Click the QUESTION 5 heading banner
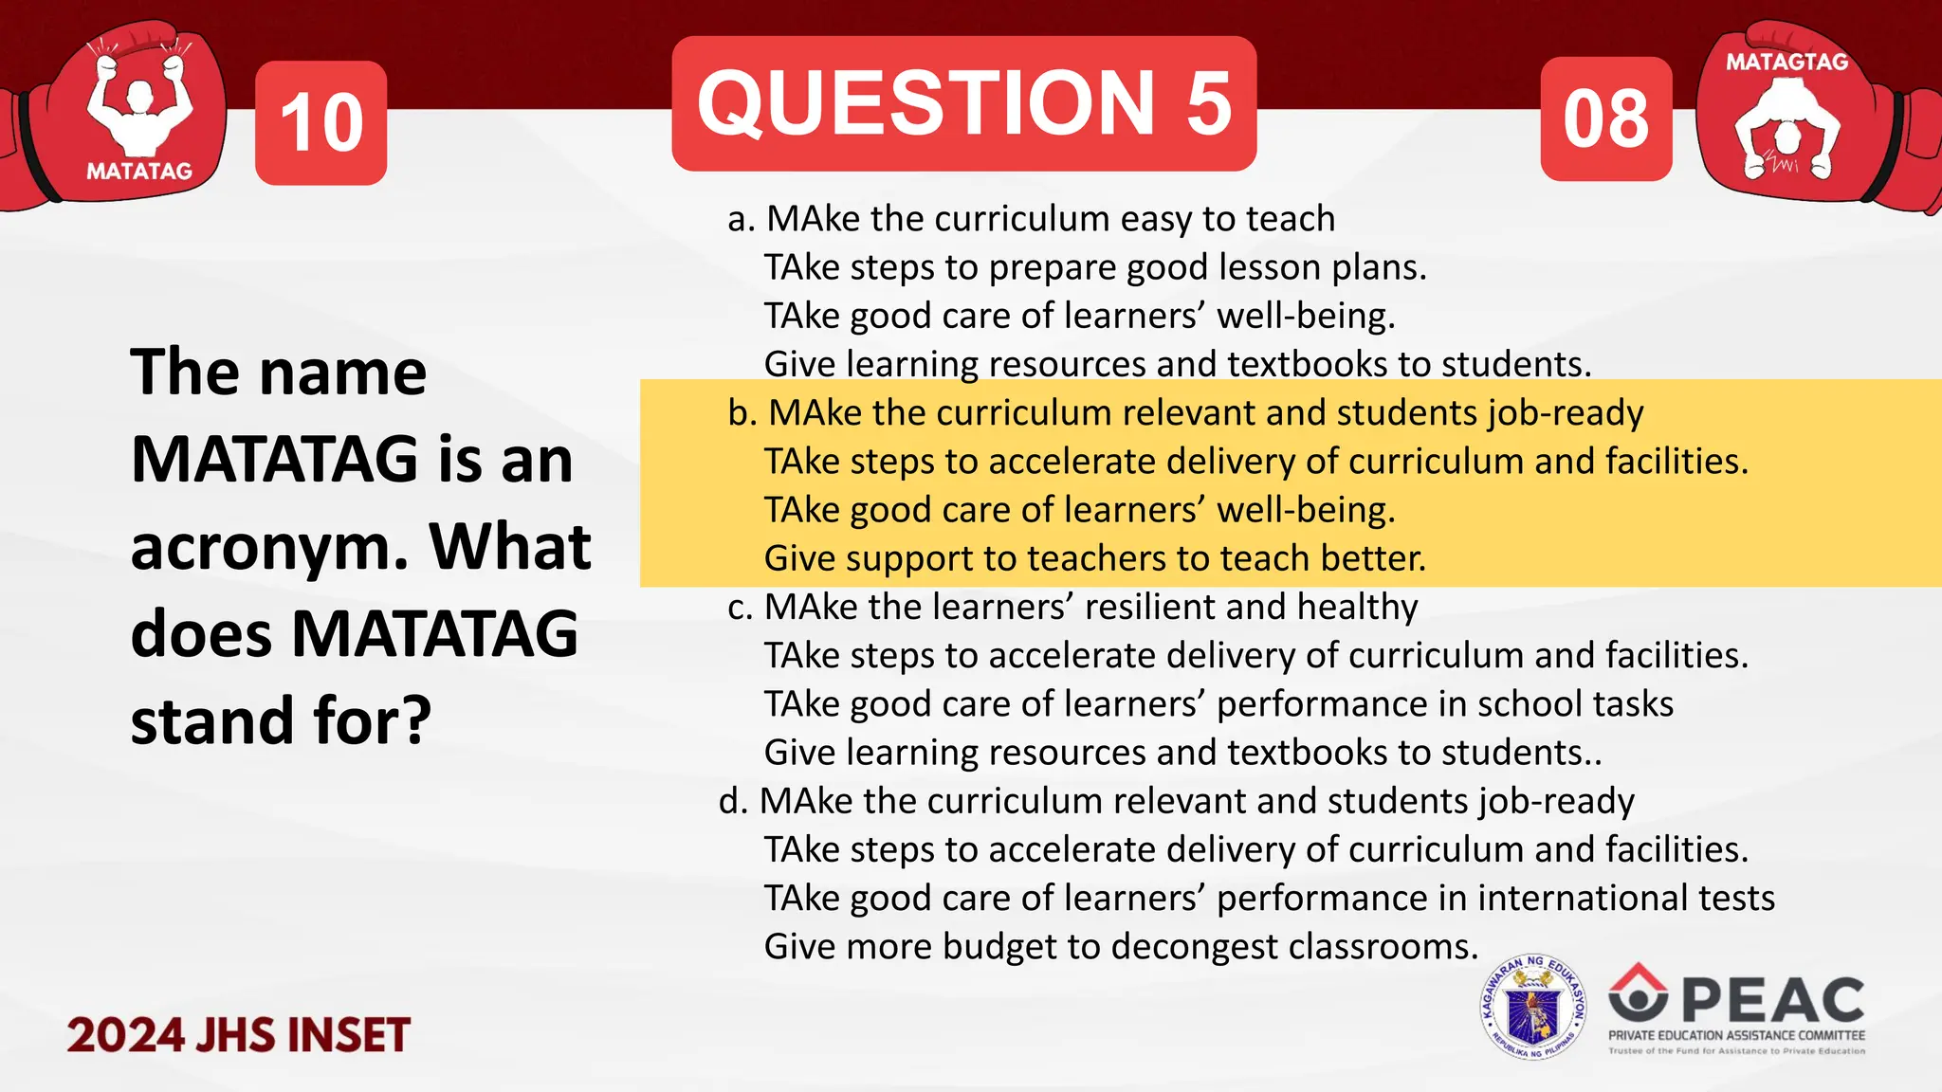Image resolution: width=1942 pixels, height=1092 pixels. [x=963, y=104]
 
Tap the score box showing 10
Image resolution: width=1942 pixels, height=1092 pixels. [x=321, y=123]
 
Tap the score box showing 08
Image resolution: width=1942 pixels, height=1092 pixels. [x=1606, y=119]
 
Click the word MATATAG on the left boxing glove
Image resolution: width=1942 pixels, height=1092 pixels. [x=139, y=172]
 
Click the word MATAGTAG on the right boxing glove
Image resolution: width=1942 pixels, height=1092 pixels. [x=1786, y=63]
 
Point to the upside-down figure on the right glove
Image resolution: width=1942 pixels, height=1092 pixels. [x=1786, y=128]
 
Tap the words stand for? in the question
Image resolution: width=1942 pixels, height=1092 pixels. [x=281, y=721]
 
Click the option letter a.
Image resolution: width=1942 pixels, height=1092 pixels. [x=740, y=220]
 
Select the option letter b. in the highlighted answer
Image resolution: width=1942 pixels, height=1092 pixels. [x=742, y=414]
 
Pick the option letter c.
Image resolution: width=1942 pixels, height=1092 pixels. [x=739, y=608]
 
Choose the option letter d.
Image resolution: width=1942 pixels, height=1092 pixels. [x=733, y=802]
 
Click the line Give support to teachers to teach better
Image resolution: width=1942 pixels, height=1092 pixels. [x=1094, y=558]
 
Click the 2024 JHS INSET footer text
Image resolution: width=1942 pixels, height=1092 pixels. [x=238, y=1035]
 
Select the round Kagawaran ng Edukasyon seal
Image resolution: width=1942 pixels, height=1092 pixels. [x=1532, y=1008]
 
